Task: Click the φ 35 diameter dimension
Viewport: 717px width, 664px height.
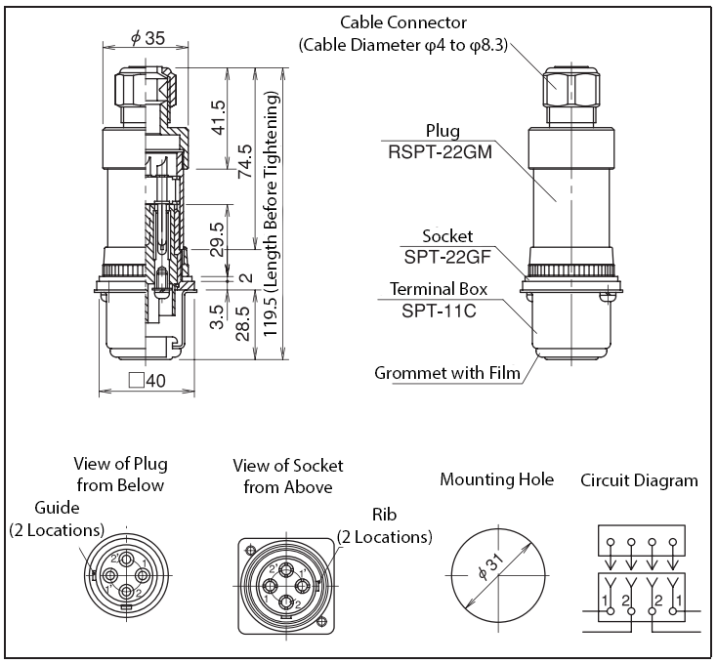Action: [x=147, y=38]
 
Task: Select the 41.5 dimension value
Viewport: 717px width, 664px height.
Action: [x=218, y=118]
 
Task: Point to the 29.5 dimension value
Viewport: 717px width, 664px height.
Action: [x=218, y=239]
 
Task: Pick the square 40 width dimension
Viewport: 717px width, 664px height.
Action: [x=147, y=381]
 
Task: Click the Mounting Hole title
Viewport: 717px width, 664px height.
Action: [x=496, y=479]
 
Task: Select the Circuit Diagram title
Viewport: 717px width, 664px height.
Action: [x=639, y=479]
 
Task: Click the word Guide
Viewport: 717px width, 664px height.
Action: [x=57, y=508]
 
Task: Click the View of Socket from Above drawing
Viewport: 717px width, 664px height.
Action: [x=284, y=577]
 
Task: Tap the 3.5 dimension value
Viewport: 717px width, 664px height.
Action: [x=218, y=317]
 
